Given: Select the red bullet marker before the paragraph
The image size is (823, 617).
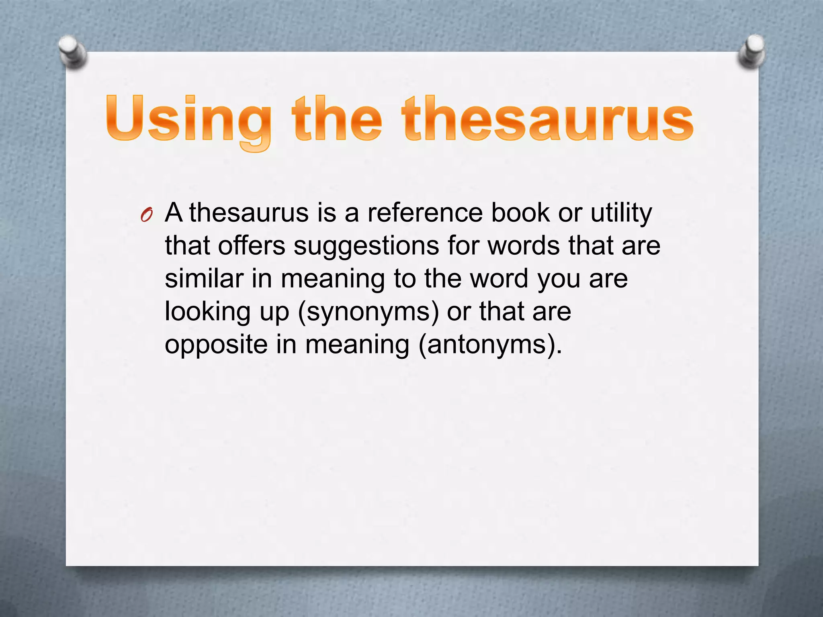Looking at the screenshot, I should click(x=147, y=216).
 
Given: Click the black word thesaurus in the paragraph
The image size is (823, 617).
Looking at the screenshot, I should click(x=249, y=212).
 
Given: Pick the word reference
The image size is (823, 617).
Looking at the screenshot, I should click(x=425, y=212).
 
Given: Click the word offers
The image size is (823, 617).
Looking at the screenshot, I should click(x=252, y=245).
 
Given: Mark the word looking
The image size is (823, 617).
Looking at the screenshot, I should click(x=208, y=312).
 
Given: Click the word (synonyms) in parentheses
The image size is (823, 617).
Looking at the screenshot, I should click(x=369, y=312).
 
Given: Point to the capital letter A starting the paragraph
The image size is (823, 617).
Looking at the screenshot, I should click(x=174, y=212).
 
